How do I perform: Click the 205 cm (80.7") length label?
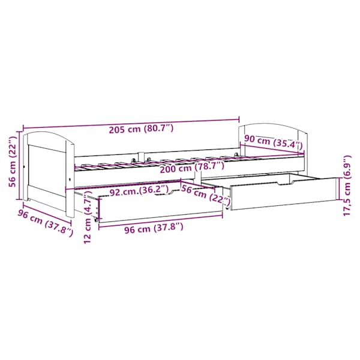click(x=141, y=128)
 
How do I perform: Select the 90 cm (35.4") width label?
click(x=273, y=142)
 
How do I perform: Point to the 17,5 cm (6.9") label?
click(x=347, y=185)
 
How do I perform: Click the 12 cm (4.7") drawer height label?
click(x=88, y=218)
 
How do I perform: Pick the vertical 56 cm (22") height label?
click(x=13, y=161)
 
